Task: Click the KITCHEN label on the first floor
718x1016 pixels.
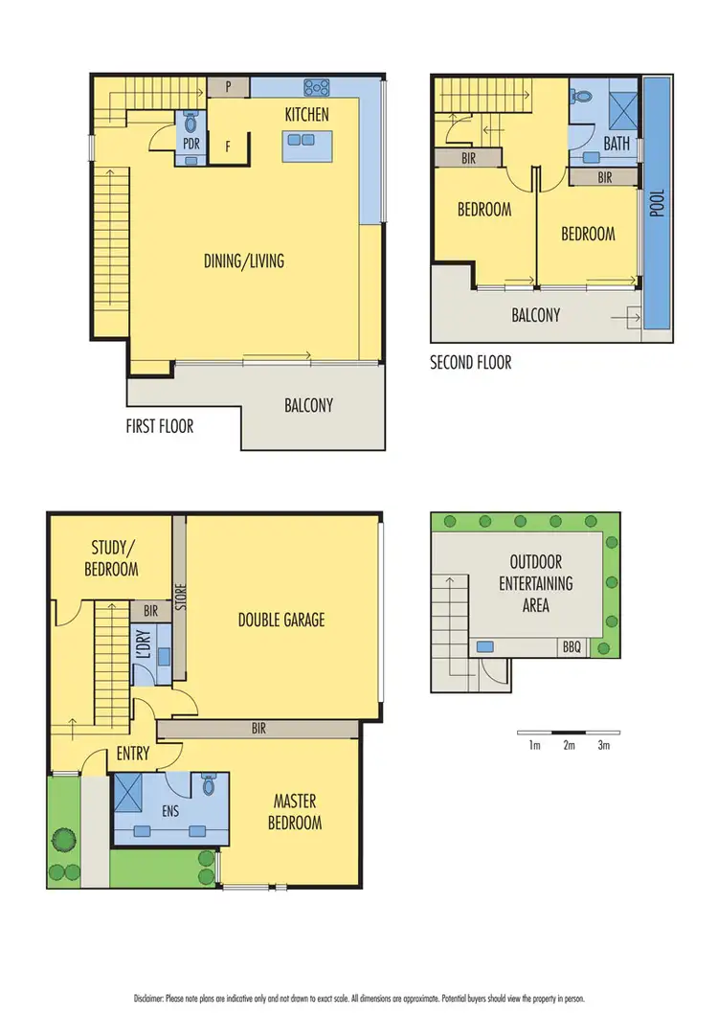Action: tap(306, 115)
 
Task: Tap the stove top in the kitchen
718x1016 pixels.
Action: tap(317, 88)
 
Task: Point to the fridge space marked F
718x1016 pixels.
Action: tap(228, 147)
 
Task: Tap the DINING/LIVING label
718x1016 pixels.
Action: tap(244, 260)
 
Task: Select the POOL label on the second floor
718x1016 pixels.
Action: tap(657, 203)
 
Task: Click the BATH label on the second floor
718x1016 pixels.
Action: tap(617, 145)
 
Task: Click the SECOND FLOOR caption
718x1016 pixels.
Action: tap(470, 363)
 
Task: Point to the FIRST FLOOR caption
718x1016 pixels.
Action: tap(160, 425)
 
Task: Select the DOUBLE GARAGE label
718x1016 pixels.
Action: tap(281, 620)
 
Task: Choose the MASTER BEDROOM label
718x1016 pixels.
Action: tap(297, 811)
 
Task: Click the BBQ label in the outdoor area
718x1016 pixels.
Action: tap(572, 647)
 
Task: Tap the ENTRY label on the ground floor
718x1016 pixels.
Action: tap(132, 754)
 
